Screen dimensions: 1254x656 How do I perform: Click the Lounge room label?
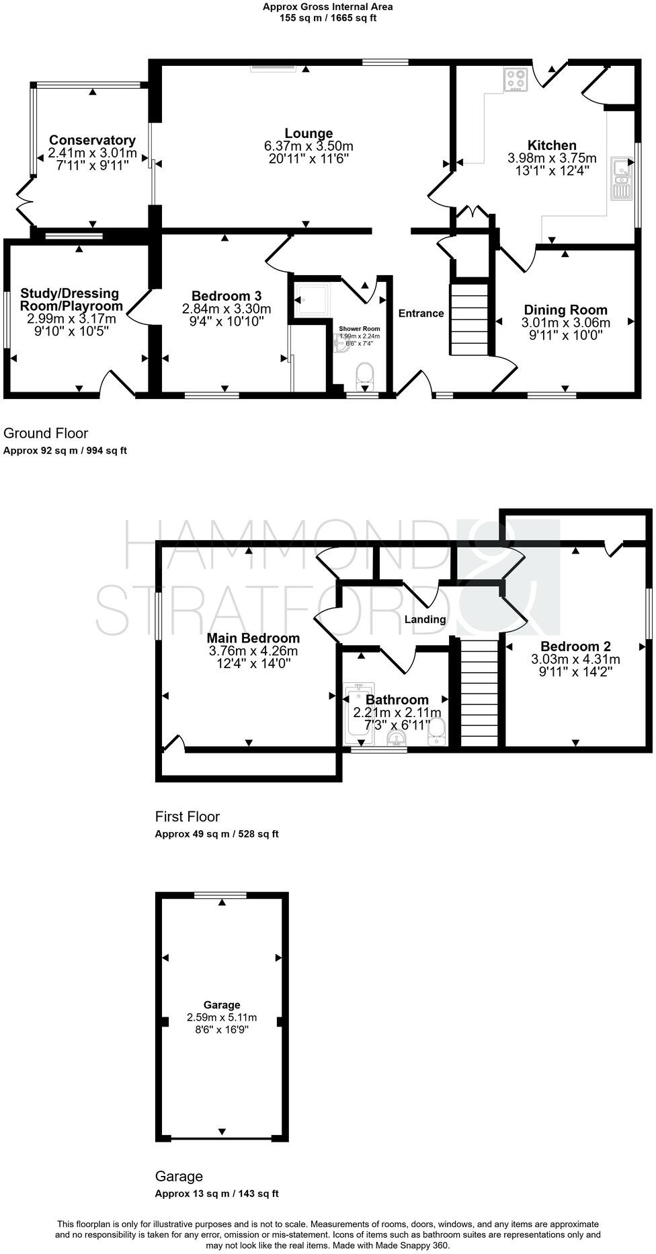pos(309,133)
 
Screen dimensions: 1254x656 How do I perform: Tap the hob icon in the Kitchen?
pos(516,79)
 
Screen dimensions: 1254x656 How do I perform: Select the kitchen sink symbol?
pos(621,179)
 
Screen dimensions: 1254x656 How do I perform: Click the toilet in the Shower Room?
pos(365,374)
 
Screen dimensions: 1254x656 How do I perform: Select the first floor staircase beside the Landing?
pos(479,693)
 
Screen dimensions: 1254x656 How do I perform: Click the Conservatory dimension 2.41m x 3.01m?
pos(93,153)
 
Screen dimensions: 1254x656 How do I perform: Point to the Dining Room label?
pos(565,310)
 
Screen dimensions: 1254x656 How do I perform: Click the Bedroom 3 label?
pos(227,296)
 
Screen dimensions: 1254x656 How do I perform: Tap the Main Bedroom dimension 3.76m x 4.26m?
pos(253,651)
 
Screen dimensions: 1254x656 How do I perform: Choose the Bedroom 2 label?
pos(575,647)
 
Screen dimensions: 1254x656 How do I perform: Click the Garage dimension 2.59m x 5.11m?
pos(222,1017)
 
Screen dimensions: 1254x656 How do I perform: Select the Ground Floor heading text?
pos(46,433)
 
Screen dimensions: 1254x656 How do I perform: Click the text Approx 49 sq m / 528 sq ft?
pos(216,834)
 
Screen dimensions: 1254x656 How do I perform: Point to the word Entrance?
pos(421,313)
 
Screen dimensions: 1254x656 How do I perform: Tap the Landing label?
pos(425,619)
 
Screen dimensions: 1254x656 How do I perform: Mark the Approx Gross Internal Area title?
pos(328,7)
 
